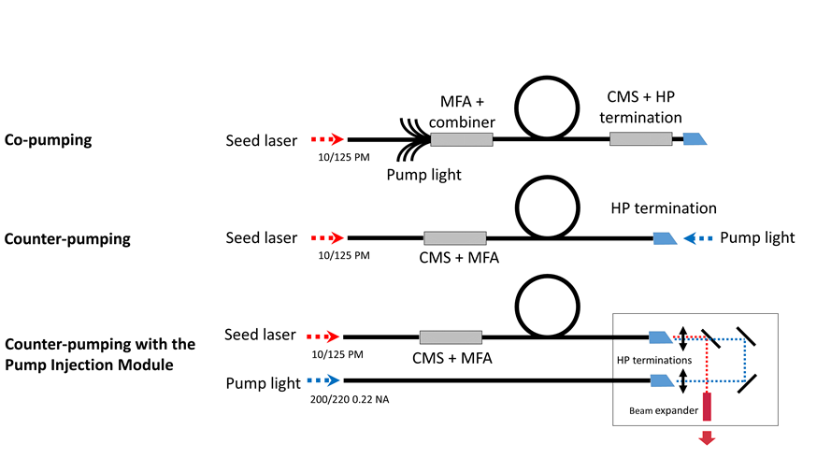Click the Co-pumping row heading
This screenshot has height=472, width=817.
[48, 141]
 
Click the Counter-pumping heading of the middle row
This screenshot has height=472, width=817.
[67, 238]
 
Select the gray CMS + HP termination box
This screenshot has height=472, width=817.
[640, 139]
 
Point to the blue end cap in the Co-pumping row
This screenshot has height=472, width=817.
[695, 139]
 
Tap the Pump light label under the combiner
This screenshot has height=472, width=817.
[423, 174]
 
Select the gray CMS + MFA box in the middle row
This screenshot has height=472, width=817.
[454, 238]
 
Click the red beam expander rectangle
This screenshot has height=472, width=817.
[708, 407]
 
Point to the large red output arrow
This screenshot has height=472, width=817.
[708, 436]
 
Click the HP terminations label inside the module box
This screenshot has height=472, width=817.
[654, 359]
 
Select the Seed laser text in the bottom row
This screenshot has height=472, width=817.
[261, 335]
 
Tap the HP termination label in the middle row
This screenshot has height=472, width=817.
[663, 208]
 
